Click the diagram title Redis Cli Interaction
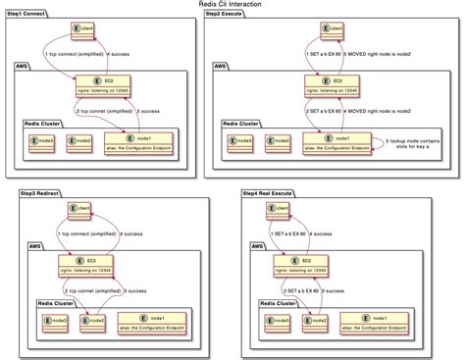coord(232,5)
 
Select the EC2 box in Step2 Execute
coord(336,84)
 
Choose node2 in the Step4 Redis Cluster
coord(315,320)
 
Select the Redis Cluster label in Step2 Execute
coord(242,124)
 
